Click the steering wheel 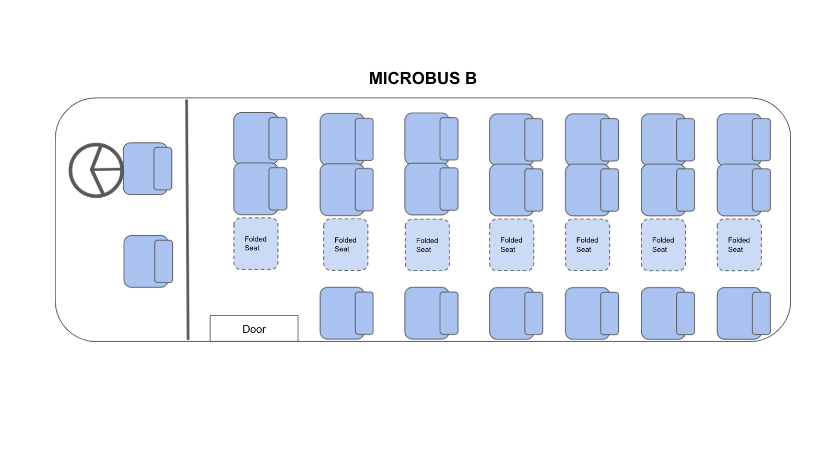[96, 170]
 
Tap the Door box [254, 329]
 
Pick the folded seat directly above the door [255, 244]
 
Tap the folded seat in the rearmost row [739, 245]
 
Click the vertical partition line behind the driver [187, 219]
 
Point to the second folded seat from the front [345, 245]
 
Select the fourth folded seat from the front [511, 245]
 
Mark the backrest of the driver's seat [163, 168]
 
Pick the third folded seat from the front [427, 245]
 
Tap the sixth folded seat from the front [663, 245]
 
